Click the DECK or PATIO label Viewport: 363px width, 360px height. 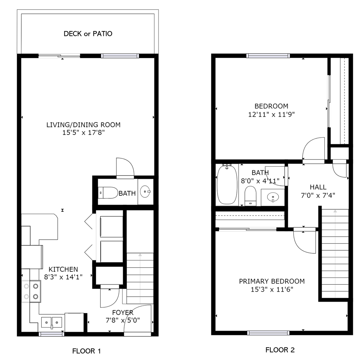(x=88, y=34)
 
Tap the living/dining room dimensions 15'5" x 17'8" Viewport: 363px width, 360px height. (x=83, y=133)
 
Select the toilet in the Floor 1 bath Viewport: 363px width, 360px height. (x=108, y=193)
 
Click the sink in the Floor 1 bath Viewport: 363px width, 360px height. (x=145, y=192)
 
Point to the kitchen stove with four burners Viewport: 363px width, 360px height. (x=31, y=291)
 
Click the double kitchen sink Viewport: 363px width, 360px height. (x=52, y=323)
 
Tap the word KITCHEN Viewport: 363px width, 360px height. (x=63, y=269)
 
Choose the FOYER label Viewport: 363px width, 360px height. (x=123, y=313)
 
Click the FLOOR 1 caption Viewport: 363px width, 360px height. (x=87, y=351)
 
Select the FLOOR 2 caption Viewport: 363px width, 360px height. (x=280, y=350)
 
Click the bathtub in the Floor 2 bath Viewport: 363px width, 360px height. (x=227, y=184)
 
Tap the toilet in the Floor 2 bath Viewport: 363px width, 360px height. (x=251, y=196)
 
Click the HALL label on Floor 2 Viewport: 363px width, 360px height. (x=318, y=187)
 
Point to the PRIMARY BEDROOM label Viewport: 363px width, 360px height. (x=272, y=281)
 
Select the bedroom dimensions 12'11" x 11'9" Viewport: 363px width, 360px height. (x=271, y=114)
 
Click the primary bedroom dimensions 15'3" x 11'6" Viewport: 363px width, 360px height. (x=272, y=289)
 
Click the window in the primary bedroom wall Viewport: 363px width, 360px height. (x=268, y=333)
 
